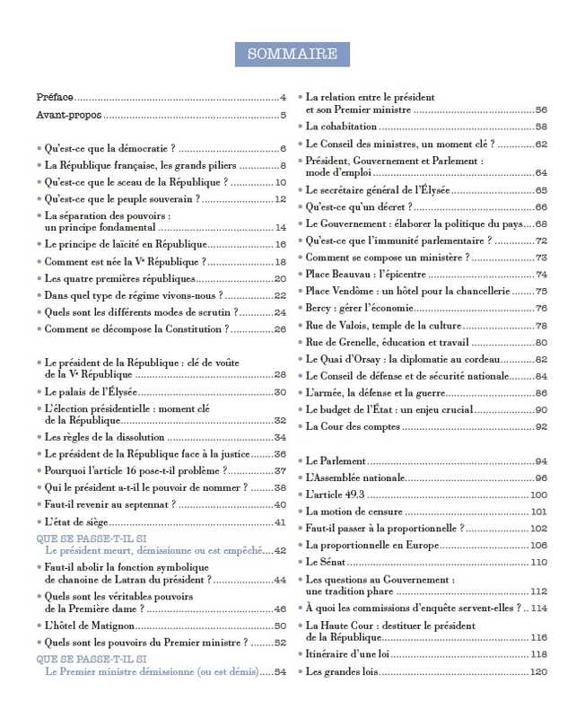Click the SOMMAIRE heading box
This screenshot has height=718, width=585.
click(x=292, y=54)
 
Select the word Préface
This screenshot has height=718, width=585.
click(x=55, y=97)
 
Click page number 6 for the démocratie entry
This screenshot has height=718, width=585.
click(x=282, y=148)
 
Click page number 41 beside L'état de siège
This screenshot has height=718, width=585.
click(x=280, y=521)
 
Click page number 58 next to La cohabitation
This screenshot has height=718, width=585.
click(x=541, y=127)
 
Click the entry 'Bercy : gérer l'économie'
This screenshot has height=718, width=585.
click(x=362, y=308)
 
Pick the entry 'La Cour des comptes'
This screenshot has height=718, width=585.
click(x=354, y=426)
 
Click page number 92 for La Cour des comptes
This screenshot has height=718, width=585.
click(x=541, y=426)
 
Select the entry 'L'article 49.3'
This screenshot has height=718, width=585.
click(x=336, y=495)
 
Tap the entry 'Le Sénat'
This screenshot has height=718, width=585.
click(x=327, y=562)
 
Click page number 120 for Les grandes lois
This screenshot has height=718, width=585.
click(x=538, y=671)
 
